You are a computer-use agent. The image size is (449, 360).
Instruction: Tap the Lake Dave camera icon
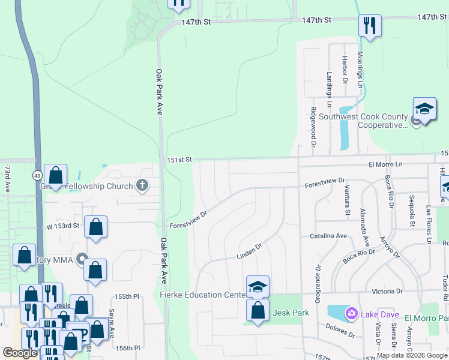click(351, 313)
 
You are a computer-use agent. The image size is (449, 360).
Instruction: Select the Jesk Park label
click(291, 313)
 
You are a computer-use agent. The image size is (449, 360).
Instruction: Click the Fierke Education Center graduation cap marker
click(258, 286)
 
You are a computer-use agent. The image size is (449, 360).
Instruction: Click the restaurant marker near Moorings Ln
click(369, 26)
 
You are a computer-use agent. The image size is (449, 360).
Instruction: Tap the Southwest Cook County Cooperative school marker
click(424, 109)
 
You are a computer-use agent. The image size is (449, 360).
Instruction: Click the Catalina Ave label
click(329, 236)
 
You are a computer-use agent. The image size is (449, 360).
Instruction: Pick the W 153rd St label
click(63, 226)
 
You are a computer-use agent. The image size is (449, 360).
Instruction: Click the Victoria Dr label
click(387, 292)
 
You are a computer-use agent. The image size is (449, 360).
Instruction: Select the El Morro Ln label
click(385, 164)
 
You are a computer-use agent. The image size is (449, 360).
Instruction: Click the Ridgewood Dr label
click(313, 127)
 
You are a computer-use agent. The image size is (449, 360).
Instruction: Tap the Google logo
click(20, 353)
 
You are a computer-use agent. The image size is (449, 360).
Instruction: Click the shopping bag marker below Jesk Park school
click(258, 311)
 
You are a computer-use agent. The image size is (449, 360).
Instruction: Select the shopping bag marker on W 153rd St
click(95, 227)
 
